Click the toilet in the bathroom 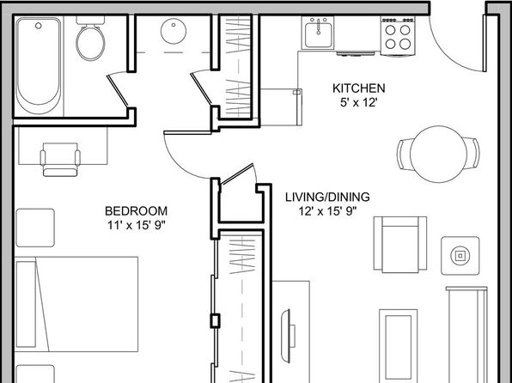click(90, 40)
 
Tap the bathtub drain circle click(39, 26)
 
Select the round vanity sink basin click(174, 31)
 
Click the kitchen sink click(318, 33)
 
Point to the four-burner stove click(398, 35)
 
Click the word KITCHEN click(359, 88)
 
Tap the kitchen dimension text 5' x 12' click(359, 103)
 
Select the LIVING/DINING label click(327, 197)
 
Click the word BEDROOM click(137, 211)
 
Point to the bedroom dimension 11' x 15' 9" click(137, 225)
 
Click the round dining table click(438, 154)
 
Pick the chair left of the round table click(404, 154)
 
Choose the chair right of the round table click(472, 154)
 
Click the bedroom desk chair click(60, 160)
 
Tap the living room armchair click(400, 244)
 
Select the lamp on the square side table click(460, 255)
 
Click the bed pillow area click(26, 304)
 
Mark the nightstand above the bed click(35, 228)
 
